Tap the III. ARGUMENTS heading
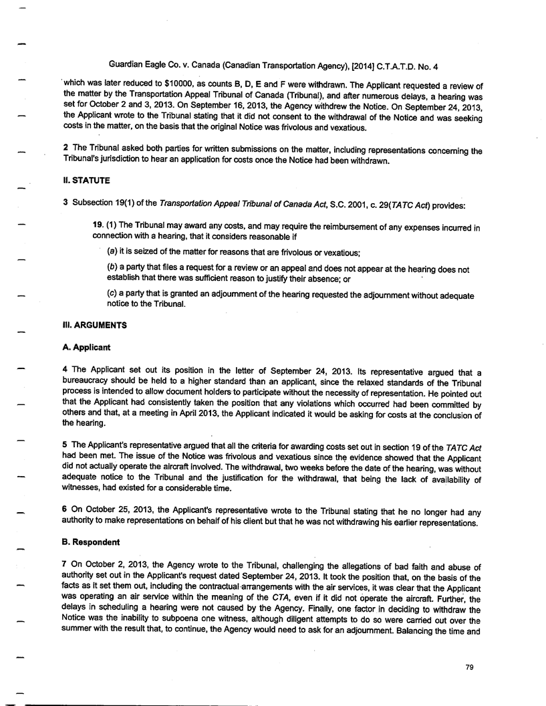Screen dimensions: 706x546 (97, 326)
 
